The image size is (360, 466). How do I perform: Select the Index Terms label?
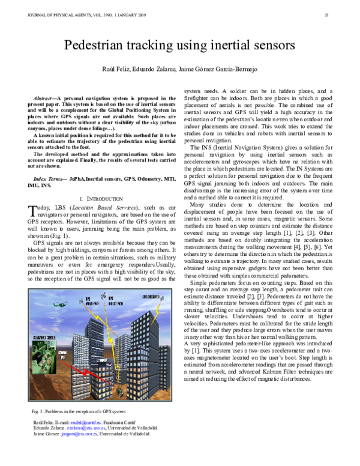(x=49, y=180)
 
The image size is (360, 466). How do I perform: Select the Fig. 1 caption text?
(x=78, y=412)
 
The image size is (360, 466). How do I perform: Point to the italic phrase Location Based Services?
(x=93, y=207)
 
